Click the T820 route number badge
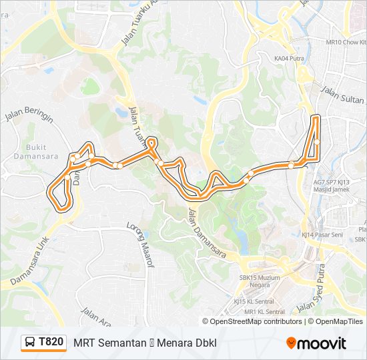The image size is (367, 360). [44, 343]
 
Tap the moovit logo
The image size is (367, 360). [316, 343]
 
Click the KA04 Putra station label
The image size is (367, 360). [288, 59]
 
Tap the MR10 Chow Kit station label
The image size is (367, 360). [346, 42]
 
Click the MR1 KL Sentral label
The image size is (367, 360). [264, 311]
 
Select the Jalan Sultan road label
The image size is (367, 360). [345, 95]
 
